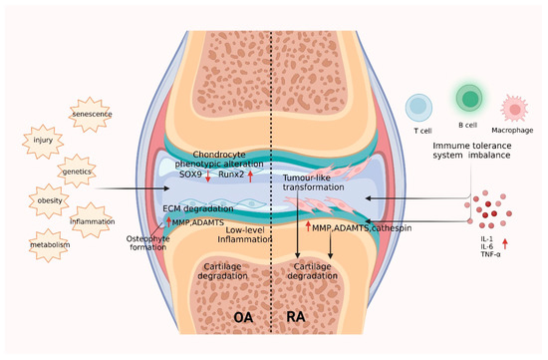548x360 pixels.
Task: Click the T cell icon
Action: point(420,107)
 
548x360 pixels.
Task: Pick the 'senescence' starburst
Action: point(93,116)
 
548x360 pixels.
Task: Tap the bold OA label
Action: point(244,316)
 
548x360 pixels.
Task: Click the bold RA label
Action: point(296,316)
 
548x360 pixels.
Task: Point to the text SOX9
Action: point(190,176)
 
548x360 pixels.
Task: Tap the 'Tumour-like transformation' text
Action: point(318,182)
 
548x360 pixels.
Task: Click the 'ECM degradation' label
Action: point(195,209)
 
